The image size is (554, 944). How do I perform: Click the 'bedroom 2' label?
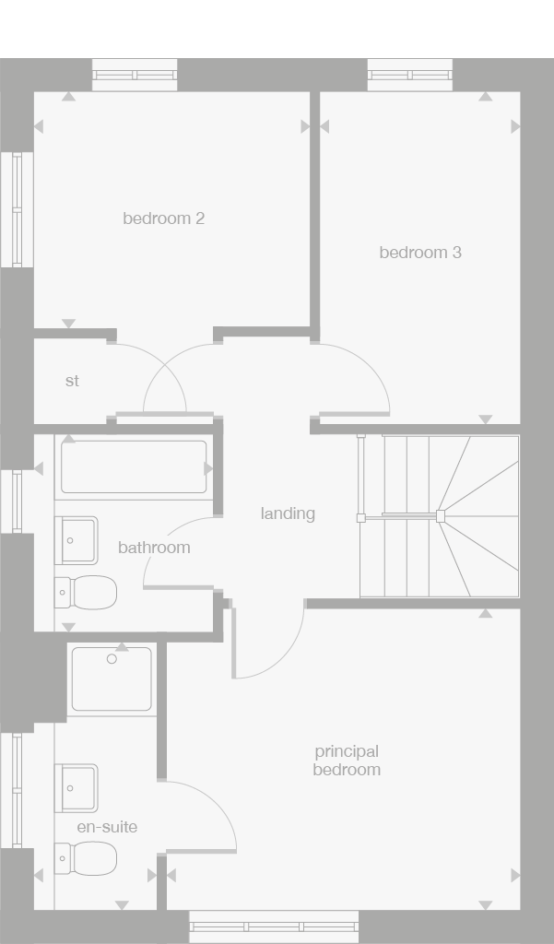(163, 218)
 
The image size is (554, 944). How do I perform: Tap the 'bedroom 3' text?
(420, 252)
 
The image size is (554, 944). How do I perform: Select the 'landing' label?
(288, 513)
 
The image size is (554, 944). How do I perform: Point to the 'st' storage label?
(72, 381)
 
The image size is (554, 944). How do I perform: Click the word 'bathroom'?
(154, 548)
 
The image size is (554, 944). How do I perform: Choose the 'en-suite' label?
(107, 827)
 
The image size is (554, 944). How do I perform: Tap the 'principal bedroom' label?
(347, 761)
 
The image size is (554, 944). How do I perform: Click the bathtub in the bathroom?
(134, 467)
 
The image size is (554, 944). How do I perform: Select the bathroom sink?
(77, 540)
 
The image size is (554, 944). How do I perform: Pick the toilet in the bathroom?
(88, 592)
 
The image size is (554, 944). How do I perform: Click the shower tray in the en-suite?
(112, 679)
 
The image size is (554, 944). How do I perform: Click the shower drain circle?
(112, 659)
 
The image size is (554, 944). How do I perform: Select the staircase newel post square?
(441, 516)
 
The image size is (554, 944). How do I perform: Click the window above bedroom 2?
(135, 75)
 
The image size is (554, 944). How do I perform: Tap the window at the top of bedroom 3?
(410, 75)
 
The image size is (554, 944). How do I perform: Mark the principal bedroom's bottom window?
(274, 926)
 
